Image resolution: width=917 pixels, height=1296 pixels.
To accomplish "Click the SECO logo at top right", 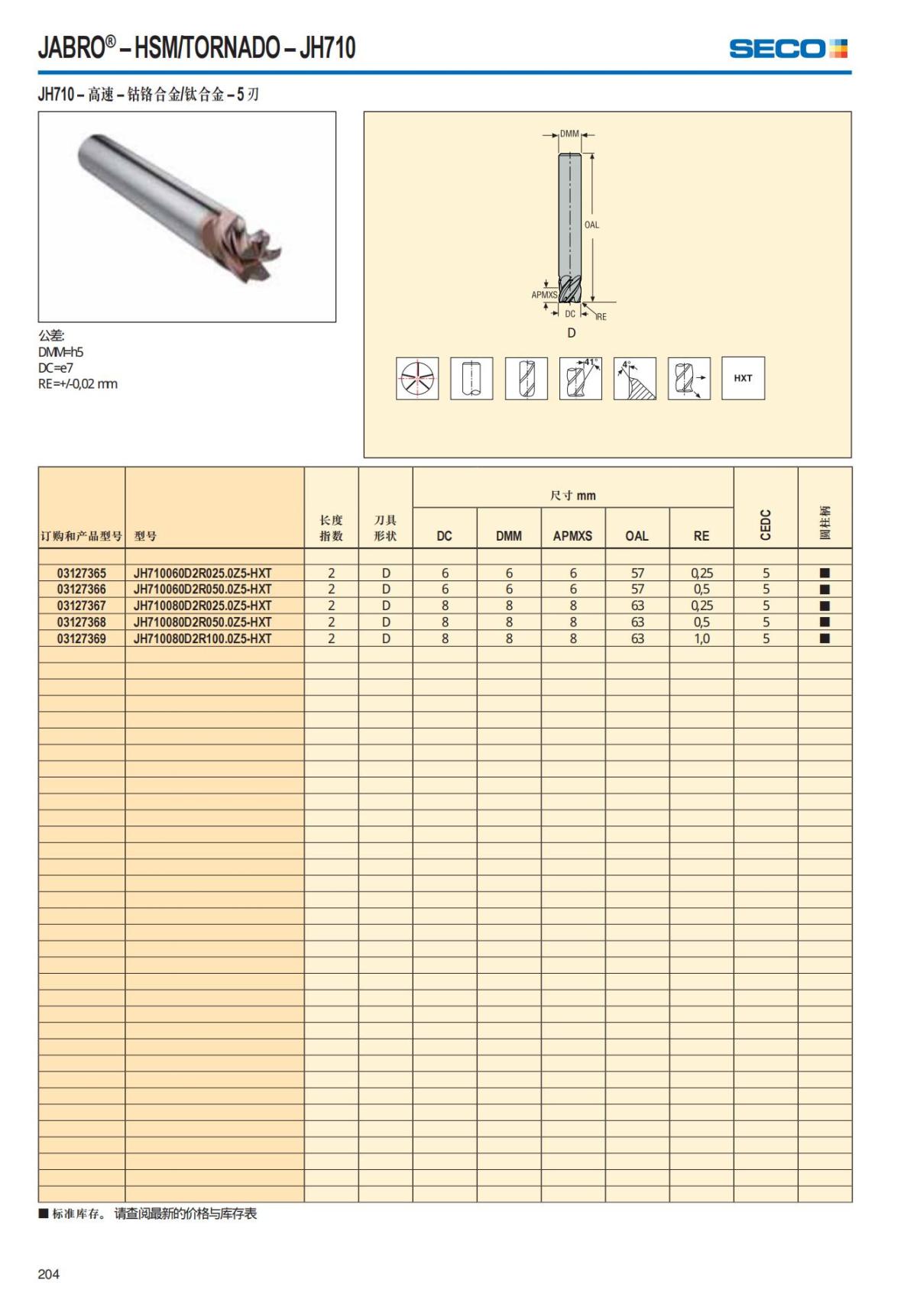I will tap(788, 49).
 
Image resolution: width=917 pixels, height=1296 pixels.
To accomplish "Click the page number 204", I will tap(48, 1274).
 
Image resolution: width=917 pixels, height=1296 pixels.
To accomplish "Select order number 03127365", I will tap(82, 573).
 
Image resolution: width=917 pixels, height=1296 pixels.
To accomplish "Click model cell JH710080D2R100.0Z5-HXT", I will tap(203, 638).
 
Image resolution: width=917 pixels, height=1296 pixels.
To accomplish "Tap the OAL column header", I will tap(637, 536).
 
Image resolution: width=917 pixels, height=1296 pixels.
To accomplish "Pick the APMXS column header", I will tap(572, 536).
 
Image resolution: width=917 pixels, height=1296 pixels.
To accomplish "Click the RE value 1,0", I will tap(702, 638).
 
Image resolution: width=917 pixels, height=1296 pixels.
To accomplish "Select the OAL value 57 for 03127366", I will tap(637, 589).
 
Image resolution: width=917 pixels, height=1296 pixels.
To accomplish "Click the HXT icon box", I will tap(743, 378).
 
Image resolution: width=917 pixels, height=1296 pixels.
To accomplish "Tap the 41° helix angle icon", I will tap(581, 378).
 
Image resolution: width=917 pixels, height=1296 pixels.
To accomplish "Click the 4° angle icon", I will tap(634, 378).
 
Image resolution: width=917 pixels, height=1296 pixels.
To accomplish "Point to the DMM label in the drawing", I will tap(569, 134).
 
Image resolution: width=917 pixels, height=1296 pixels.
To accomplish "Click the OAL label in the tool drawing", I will tap(591, 225).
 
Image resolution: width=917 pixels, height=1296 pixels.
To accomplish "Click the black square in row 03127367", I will tap(825, 606).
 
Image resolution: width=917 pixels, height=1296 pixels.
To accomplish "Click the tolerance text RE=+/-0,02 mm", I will tap(78, 384).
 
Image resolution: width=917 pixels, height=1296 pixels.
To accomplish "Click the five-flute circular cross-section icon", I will tap(417, 378).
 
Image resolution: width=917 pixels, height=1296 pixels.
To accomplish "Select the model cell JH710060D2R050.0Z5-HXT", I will tap(203, 589).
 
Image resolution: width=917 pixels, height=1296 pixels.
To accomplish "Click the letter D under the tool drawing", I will tap(571, 333).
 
